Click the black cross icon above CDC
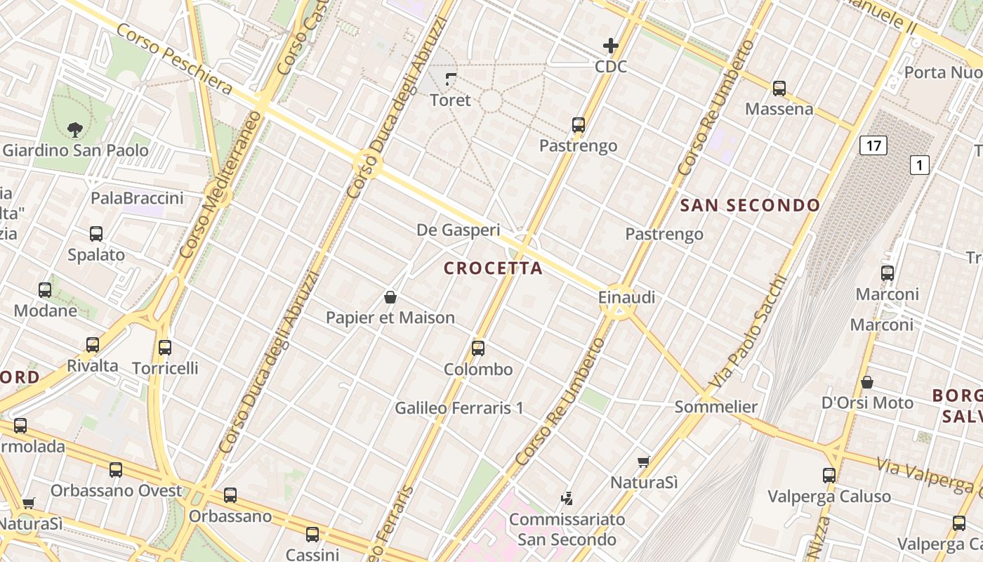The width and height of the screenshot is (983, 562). click(611, 46)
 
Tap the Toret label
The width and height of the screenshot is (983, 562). click(450, 100)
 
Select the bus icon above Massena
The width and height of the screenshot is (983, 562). click(779, 89)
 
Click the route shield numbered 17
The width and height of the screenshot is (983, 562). click(873, 146)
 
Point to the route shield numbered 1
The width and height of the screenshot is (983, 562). click(919, 165)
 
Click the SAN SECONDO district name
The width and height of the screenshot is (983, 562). click(751, 205)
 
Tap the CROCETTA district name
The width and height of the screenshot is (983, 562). click(494, 268)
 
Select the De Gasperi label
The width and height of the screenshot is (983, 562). click(458, 230)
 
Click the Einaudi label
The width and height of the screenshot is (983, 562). click(626, 297)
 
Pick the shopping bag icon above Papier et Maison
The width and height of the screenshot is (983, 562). click(390, 297)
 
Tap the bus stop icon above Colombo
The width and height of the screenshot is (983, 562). click(478, 348)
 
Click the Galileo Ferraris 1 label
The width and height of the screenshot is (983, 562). click(459, 407)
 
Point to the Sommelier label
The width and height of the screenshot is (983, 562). click(716, 407)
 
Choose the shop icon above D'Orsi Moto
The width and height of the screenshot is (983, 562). click(867, 382)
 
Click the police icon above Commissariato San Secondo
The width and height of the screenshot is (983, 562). click(567, 499)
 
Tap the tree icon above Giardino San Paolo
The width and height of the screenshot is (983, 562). click(75, 129)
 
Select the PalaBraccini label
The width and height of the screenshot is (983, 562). click(137, 198)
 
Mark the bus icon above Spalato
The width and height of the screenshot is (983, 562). click(96, 234)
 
